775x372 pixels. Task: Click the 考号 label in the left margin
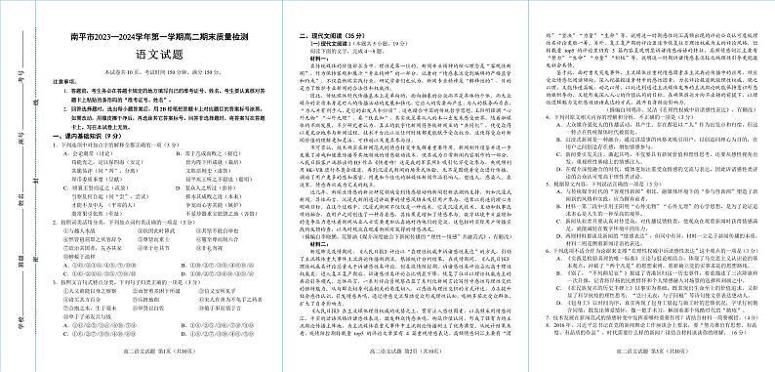[21, 72]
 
